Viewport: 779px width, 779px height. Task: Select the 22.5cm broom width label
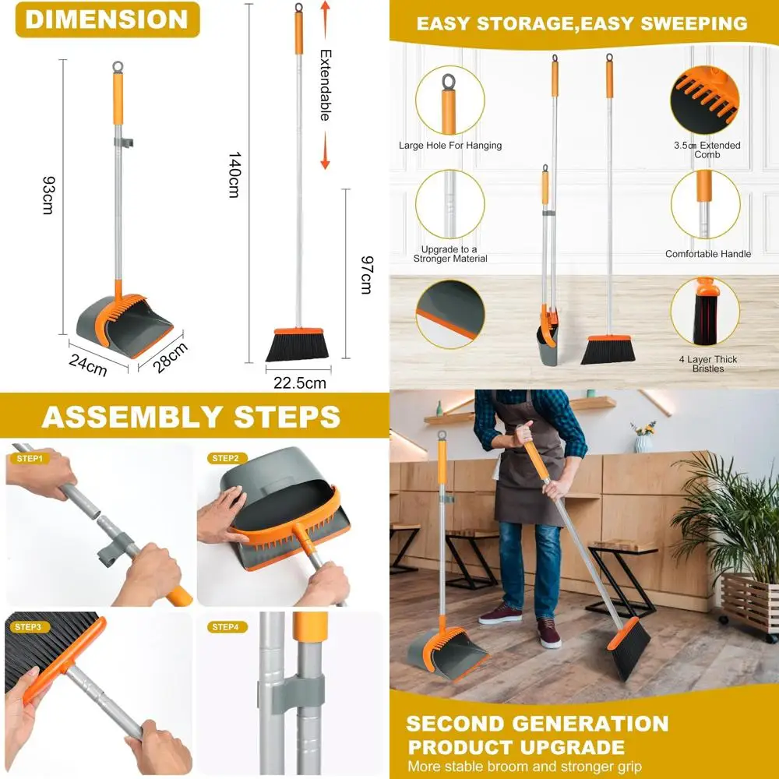pos(299,382)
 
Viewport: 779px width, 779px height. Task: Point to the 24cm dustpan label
pos(87,364)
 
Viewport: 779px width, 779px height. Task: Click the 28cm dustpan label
pos(170,358)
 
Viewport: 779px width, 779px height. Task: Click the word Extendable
pos(325,85)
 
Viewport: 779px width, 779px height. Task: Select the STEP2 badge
pos(225,459)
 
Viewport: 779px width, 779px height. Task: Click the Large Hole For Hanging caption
pos(450,146)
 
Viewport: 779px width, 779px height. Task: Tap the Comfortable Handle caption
pos(708,254)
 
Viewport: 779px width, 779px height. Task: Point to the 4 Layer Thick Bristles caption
pos(708,364)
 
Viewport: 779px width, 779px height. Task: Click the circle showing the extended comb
pos(705,100)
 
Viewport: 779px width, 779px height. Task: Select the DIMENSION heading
pos(107,19)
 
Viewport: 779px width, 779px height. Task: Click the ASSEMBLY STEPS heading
pos(191,416)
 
